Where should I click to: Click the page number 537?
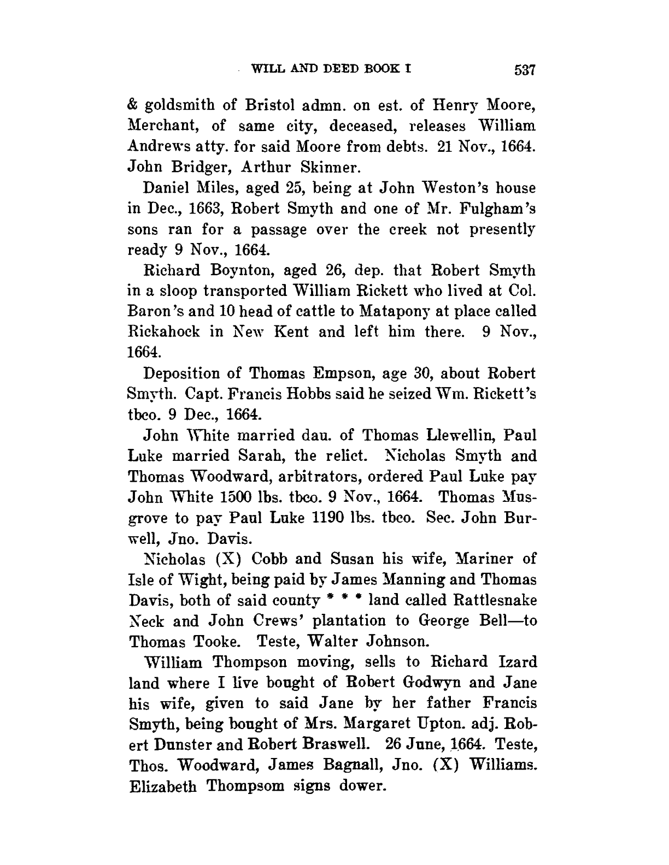pos(523,70)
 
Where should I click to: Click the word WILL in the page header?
pos(266,69)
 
